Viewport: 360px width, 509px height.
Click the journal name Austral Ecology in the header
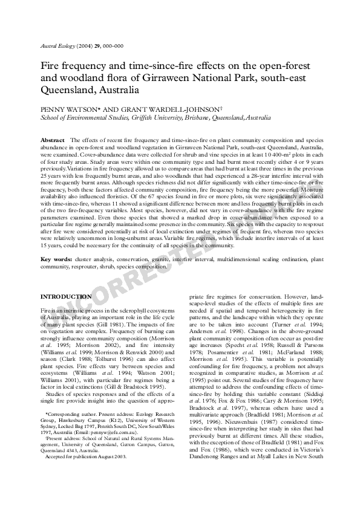coord(56,45)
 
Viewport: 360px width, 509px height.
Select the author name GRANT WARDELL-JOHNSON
coord(142,109)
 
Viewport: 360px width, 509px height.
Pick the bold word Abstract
coord(52,140)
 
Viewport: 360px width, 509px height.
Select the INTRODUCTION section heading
coord(66,296)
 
